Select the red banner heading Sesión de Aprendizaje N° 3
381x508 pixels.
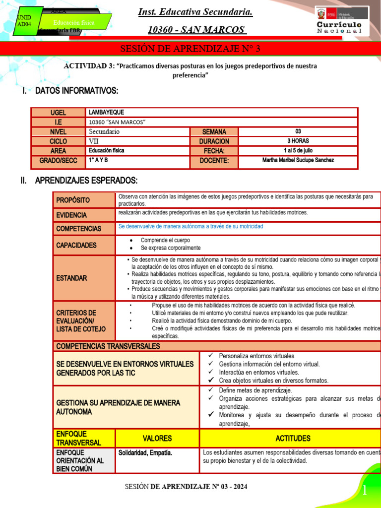pos(190,49)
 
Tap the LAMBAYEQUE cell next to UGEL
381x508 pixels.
pos(107,113)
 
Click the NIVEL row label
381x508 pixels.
pos(58,132)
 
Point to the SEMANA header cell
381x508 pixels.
pos(214,132)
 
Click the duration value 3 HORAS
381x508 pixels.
pos(298,141)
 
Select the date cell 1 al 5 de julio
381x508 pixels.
pos(298,151)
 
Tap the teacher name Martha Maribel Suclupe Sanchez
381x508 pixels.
pos(298,160)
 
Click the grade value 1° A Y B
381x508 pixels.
pos(98,160)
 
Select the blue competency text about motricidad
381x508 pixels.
pos(190,226)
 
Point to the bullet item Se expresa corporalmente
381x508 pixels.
pos(171,248)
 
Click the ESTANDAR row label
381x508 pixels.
pos(72,278)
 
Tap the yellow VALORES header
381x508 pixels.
pos(157,439)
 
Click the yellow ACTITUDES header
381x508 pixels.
pos(293,439)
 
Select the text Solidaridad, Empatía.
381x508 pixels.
pos(145,453)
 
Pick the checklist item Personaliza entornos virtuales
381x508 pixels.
pos(256,356)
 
